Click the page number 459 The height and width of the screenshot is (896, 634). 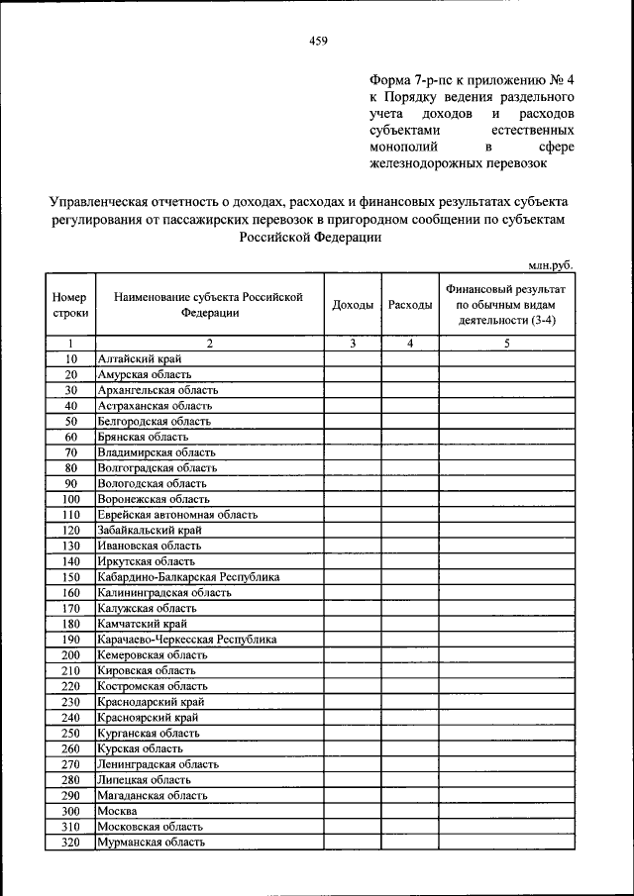(317, 41)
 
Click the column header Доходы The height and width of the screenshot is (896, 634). (353, 305)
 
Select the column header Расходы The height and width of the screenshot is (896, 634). (410, 305)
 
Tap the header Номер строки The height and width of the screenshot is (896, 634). (70, 305)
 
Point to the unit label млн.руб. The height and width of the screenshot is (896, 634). (551, 264)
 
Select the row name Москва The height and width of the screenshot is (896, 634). (117, 811)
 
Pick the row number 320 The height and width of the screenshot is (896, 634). (70, 843)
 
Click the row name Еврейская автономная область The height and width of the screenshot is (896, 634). (177, 515)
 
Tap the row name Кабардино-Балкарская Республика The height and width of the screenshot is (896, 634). (188, 577)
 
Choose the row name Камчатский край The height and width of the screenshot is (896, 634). (142, 624)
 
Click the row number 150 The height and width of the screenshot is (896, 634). (70, 577)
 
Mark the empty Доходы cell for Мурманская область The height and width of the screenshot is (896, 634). (353, 843)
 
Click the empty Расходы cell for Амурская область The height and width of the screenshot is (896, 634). (410, 374)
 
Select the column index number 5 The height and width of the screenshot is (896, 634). (506, 343)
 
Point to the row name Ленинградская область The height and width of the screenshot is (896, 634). (158, 764)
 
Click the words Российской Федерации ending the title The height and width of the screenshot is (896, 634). (309, 238)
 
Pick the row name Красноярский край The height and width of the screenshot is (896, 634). (147, 718)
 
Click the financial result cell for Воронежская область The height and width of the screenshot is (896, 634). (506, 499)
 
